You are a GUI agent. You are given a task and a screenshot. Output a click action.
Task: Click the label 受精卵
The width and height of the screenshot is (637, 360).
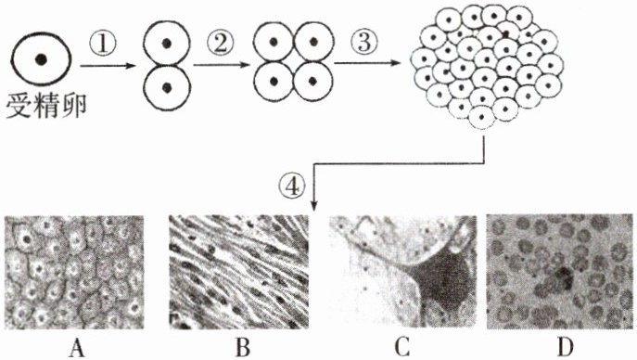pyautogui.click(x=46, y=106)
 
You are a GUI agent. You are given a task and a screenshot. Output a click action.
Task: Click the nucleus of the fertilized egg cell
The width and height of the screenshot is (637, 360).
pyautogui.click(x=41, y=59)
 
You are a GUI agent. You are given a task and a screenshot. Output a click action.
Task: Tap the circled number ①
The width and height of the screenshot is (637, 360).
pyautogui.click(x=103, y=44)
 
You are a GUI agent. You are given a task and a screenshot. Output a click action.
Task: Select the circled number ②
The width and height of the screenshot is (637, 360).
pyautogui.click(x=220, y=43)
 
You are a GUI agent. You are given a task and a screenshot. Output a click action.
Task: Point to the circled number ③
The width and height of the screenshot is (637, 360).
pyautogui.click(x=364, y=43)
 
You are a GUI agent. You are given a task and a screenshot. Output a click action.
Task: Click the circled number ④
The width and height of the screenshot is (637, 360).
pyautogui.click(x=291, y=187)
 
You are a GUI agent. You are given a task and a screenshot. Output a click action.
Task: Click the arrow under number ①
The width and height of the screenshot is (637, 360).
pyautogui.click(x=108, y=66)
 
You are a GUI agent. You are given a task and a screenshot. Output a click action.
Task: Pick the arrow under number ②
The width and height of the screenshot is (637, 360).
pyautogui.click(x=221, y=65)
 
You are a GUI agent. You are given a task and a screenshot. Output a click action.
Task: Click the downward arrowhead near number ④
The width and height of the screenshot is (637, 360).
pyautogui.click(x=313, y=206)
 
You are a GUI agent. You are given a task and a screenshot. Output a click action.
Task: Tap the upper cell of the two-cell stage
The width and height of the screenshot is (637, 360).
pyautogui.click(x=166, y=44)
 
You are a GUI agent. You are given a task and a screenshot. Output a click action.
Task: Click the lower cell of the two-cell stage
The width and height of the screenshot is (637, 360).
pyautogui.click(x=166, y=87)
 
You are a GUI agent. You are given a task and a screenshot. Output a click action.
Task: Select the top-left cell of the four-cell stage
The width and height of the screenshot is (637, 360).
pyautogui.click(x=274, y=42)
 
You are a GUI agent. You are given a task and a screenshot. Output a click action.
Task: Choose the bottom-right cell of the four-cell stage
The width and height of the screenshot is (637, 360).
pyautogui.click(x=312, y=81)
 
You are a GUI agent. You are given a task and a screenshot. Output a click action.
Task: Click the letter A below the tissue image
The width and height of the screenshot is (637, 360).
pyautogui.click(x=77, y=348)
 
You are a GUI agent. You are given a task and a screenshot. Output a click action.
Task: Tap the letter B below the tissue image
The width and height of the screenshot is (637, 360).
pyautogui.click(x=243, y=348)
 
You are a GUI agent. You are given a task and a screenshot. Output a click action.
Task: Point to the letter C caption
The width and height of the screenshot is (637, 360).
pyautogui.click(x=401, y=348)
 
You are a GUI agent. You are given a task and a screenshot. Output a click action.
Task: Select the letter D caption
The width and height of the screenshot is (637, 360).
pyautogui.click(x=565, y=348)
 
